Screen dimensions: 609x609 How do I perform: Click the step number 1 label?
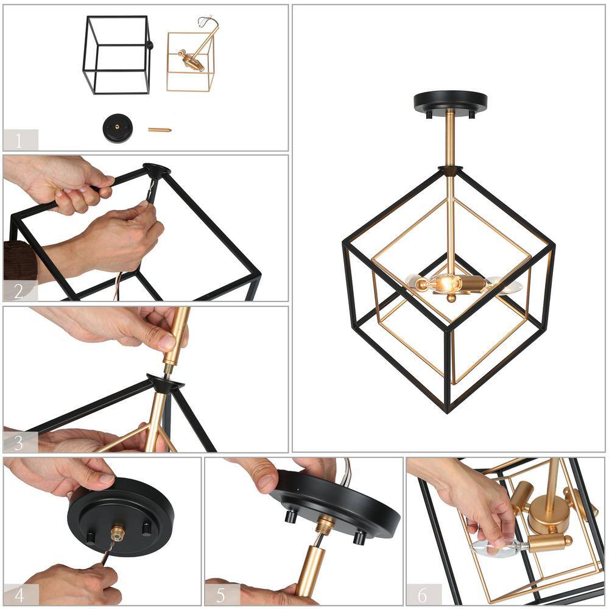pyautogui.click(x=18, y=141)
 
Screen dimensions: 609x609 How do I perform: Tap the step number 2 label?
pyautogui.click(x=19, y=292)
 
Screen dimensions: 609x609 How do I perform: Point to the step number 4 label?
pyautogui.click(x=19, y=595)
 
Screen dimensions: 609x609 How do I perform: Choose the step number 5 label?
pyautogui.click(x=220, y=595)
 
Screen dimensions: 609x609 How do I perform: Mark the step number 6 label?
pyautogui.click(x=423, y=595)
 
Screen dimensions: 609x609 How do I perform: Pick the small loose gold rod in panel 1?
pyautogui.click(x=160, y=130)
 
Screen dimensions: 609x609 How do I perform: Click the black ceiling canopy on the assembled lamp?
pyautogui.click(x=451, y=102)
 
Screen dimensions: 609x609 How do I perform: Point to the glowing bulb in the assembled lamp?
pyautogui.click(x=443, y=284)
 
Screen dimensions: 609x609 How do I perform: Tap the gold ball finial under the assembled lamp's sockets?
pyautogui.click(x=451, y=298)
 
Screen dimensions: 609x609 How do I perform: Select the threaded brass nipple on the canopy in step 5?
pyautogui.click(x=325, y=524)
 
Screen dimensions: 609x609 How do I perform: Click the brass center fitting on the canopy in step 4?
pyautogui.click(x=118, y=533)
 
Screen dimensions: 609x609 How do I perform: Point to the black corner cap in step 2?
pyautogui.click(x=157, y=171)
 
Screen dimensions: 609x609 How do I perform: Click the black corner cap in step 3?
pyautogui.click(x=165, y=382)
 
